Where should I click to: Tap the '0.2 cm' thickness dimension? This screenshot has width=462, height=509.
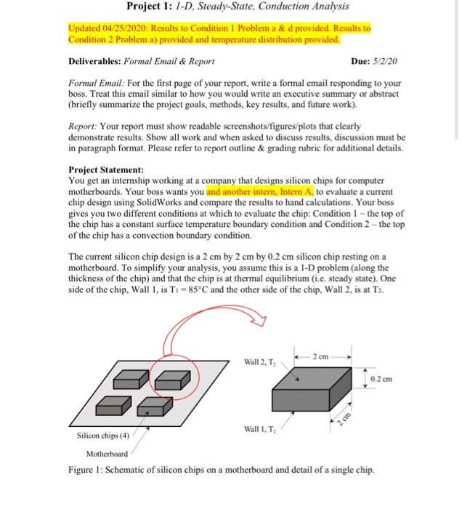381,379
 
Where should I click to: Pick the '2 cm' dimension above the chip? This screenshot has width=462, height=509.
323,356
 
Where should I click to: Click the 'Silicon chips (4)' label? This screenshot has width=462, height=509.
105,438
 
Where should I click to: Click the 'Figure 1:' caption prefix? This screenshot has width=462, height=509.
86,469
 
